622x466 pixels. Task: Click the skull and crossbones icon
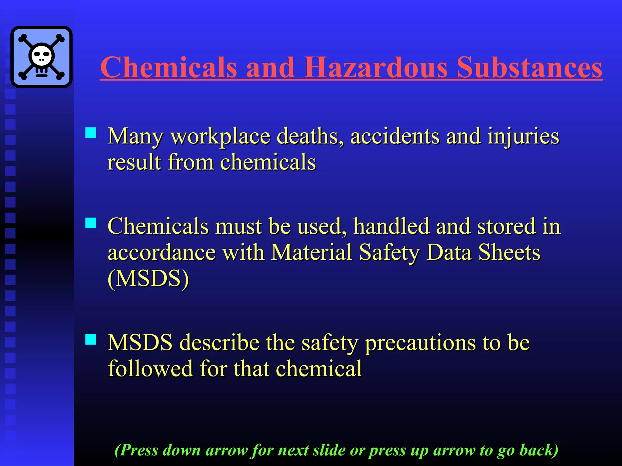[41, 57]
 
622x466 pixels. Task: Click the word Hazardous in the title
[375, 67]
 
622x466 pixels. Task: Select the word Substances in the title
[529, 67]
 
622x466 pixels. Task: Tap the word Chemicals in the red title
[169, 67]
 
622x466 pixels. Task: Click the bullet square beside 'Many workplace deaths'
[91, 133]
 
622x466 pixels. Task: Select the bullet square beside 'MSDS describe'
[91, 339]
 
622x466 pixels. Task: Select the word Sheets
[509, 252]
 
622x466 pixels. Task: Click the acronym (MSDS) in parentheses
[148, 279]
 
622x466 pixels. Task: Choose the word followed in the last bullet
[150, 369]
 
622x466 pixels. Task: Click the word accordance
[162, 253]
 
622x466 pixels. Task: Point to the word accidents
[395, 136]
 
